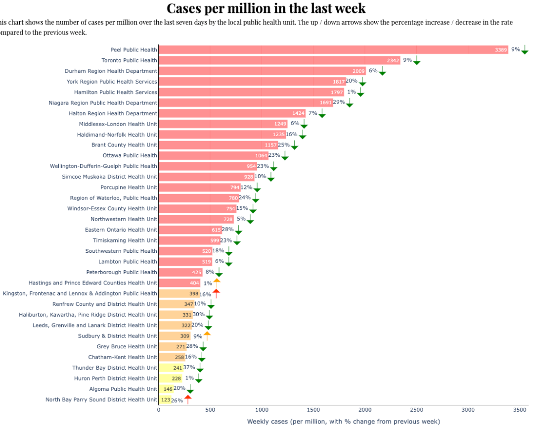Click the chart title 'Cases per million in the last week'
(x=266, y=8)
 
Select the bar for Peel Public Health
(x=326, y=49)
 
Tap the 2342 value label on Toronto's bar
(x=393, y=60)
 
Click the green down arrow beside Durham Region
(x=382, y=71)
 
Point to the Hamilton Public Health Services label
(x=116, y=92)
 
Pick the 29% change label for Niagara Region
(x=339, y=102)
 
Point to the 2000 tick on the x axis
(x=365, y=410)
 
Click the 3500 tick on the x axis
(x=520, y=410)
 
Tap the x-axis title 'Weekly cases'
(x=343, y=422)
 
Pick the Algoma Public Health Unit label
(x=123, y=389)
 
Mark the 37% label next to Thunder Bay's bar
(x=189, y=367)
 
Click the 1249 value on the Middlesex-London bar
(x=280, y=124)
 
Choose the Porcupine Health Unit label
(x=129, y=187)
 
